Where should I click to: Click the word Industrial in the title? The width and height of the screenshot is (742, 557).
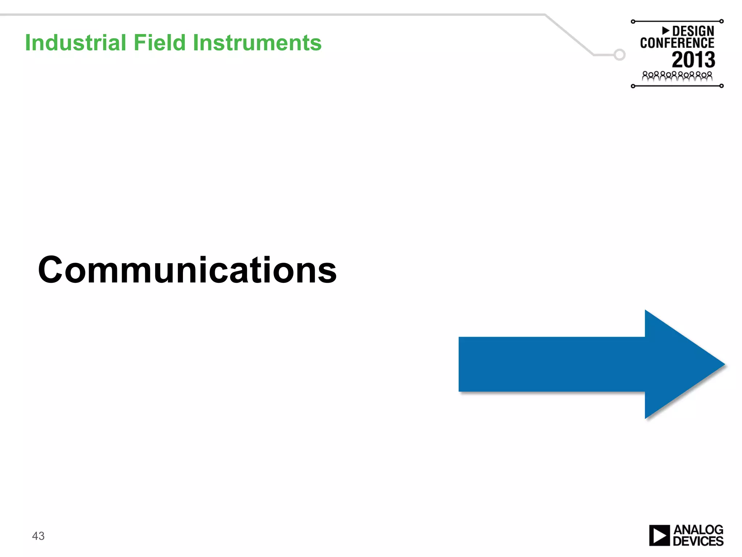(75, 42)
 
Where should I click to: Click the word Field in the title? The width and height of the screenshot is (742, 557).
(159, 42)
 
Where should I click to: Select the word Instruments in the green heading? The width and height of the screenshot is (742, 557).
(257, 42)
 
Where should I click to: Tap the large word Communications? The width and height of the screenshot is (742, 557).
(187, 270)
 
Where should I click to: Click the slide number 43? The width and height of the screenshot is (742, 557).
(38, 536)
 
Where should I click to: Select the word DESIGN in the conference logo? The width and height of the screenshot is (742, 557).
(693, 31)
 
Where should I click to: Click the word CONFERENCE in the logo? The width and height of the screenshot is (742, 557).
(677, 43)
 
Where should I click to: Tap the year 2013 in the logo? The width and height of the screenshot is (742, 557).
(693, 60)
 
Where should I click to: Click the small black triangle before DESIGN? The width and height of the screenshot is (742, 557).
(666, 30)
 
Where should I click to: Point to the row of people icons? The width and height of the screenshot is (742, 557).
(677, 76)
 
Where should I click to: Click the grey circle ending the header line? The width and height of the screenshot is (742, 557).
(620, 55)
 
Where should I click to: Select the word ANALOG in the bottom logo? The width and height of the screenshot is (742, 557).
(698, 530)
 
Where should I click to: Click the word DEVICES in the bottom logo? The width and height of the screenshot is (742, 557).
(698, 541)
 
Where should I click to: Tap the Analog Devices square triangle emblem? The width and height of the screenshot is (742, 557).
(659, 536)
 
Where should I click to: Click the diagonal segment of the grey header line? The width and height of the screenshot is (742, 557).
(569, 34)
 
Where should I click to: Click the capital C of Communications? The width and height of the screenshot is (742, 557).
(51, 270)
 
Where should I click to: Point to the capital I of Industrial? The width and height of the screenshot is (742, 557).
(28, 42)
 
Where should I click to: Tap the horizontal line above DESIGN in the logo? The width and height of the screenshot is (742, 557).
(677, 21)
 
